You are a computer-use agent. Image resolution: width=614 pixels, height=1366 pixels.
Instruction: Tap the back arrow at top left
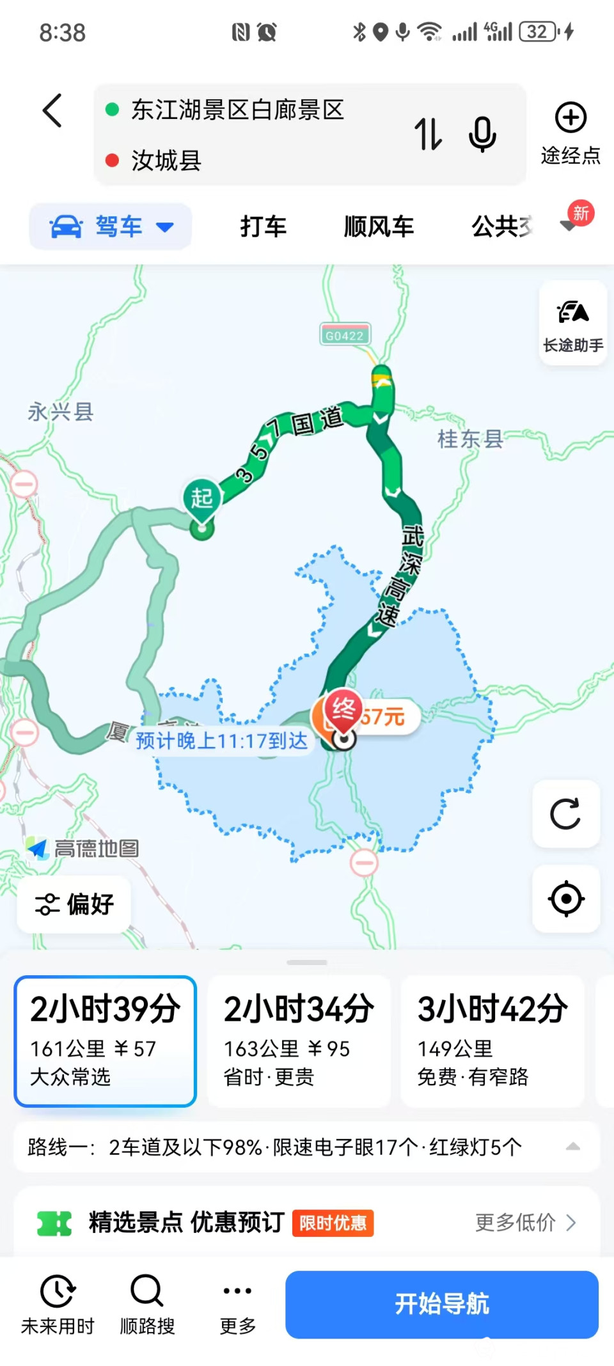(x=52, y=111)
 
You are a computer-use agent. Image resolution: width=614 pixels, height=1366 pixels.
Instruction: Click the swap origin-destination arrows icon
(x=428, y=134)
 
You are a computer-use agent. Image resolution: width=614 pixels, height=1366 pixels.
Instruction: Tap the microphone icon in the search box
(x=482, y=134)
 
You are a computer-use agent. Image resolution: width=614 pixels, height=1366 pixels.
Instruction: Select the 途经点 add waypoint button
(x=570, y=132)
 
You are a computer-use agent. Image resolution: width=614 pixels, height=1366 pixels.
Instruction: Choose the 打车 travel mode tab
(x=263, y=226)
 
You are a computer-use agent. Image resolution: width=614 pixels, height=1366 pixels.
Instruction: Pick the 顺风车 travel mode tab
(x=379, y=226)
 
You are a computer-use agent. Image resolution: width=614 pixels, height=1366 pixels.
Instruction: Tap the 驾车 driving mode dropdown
(x=111, y=226)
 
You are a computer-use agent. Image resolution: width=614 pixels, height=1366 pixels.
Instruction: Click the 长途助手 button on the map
(x=572, y=324)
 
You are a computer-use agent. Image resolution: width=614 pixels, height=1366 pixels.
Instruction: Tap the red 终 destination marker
(x=343, y=710)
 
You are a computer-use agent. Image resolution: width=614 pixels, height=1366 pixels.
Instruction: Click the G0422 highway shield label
(x=344, y=335)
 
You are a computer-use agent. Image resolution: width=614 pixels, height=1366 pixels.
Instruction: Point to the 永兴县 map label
(x=61, y=412)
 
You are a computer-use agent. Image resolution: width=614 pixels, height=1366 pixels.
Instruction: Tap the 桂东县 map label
(x=470, y=439)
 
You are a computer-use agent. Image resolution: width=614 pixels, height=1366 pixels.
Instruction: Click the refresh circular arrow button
(x=565, y=814)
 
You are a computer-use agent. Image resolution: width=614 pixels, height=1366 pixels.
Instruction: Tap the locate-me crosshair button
(x=565, y=899)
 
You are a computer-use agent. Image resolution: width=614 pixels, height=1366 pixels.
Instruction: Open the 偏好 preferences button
(x=74, y=904)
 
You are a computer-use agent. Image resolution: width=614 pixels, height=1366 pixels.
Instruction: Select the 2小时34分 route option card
(x=299, y=1040)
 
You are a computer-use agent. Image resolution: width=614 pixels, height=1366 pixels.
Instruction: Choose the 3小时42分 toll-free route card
(x=492, y=1040)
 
